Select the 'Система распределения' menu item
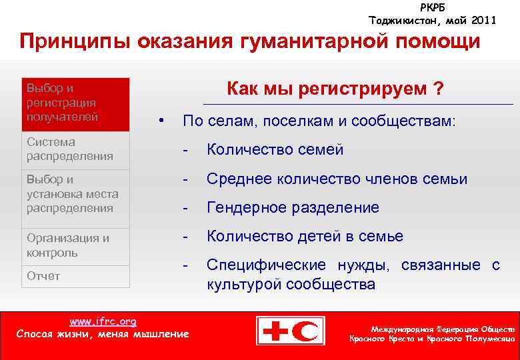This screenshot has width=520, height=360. [69, 149]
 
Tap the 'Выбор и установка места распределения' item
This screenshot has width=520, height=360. [72, 193]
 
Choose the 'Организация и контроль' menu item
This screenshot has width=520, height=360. [68, 245]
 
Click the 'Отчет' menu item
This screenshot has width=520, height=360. [43, 276]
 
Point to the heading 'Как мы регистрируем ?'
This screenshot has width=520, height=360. [335, 89]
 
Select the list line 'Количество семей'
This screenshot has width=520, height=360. [275, 149]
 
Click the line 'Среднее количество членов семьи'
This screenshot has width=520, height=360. [337, 179]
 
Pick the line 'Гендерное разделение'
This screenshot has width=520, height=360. [293, 207]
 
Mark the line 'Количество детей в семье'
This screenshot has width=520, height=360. [305, 236]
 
